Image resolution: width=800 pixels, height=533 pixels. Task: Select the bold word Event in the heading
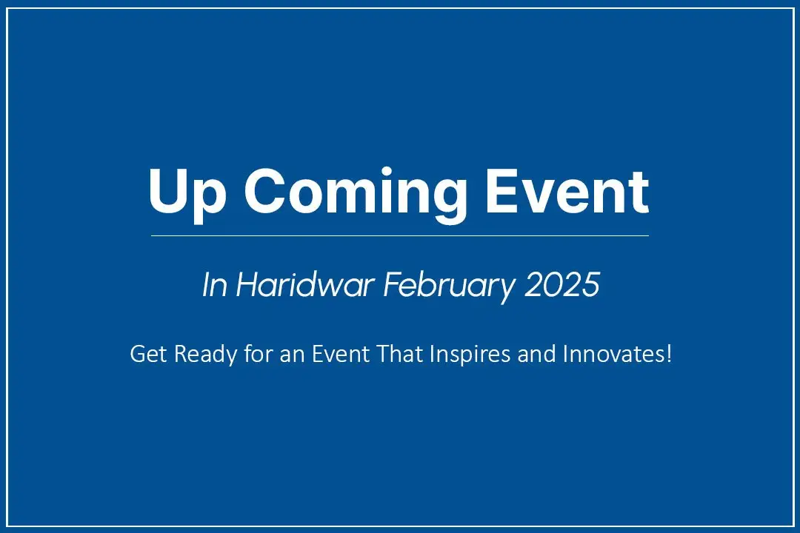coord(567,191)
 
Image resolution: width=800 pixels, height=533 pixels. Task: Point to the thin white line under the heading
coord(400,235)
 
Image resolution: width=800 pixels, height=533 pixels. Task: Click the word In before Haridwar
coord(214,284)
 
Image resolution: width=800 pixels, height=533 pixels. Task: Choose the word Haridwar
coord(305,284)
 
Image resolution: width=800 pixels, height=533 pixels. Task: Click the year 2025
coord(561,284)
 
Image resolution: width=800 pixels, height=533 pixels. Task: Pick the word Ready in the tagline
coord(205,355)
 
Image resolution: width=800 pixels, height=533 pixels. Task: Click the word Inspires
coord(470,355)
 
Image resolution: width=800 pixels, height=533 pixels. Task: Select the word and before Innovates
coord(536,353)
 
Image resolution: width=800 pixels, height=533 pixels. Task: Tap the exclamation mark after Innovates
coord(668,354)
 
